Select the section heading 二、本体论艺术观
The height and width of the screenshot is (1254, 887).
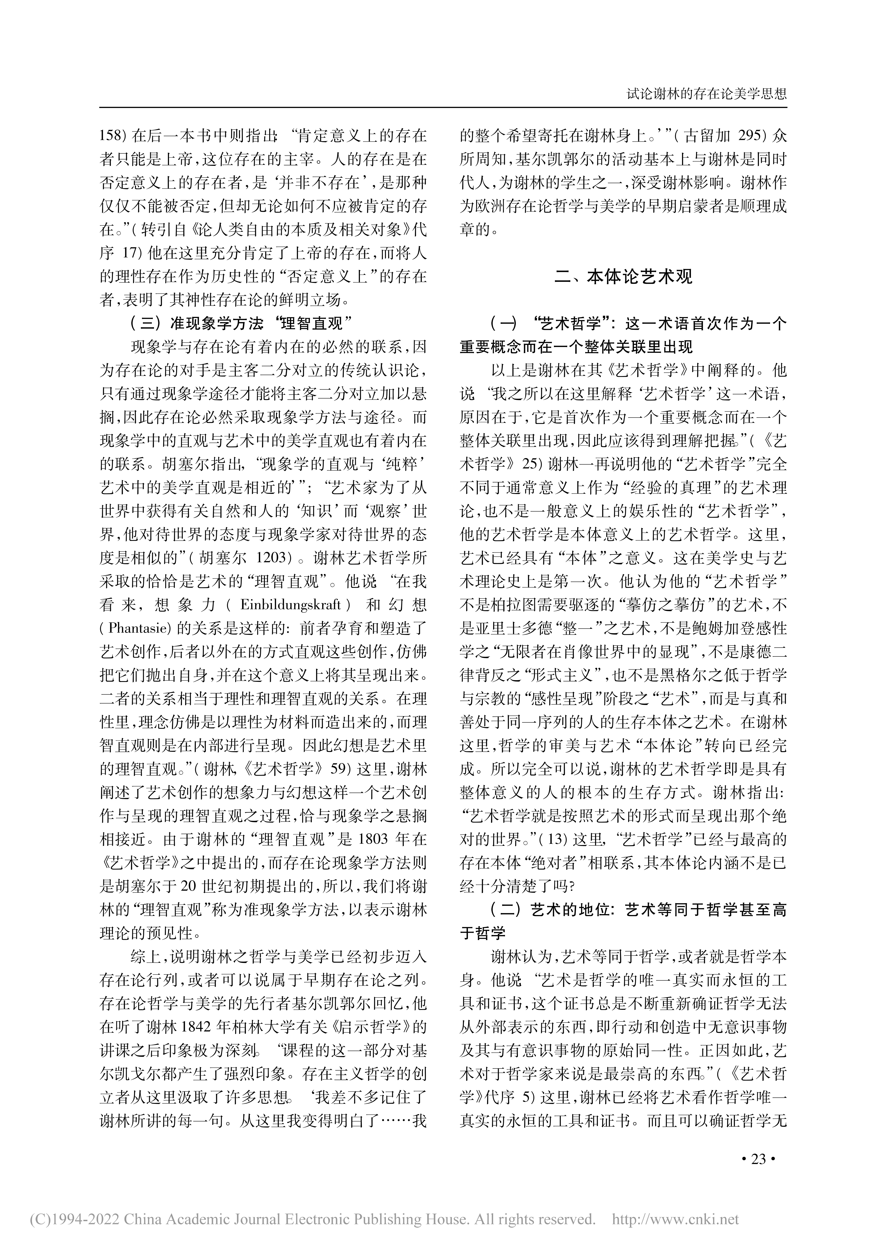point(623,276)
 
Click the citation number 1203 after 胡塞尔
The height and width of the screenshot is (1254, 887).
point(270,558)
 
